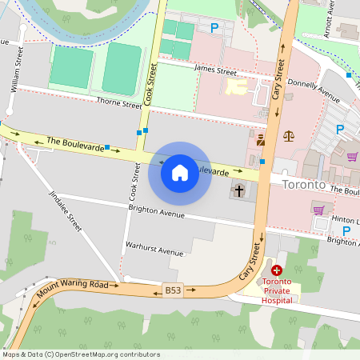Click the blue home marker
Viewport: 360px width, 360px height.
tap(180, 172)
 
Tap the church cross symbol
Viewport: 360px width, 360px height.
tap(238, 191)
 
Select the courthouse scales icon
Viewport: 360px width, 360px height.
tap(289, 135)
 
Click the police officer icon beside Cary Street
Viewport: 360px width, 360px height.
tap(261, 140)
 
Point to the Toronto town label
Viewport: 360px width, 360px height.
tap(304, 185)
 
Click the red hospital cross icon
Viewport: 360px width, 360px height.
tap(277, 272)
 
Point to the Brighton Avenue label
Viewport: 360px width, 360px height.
tap(157, 212)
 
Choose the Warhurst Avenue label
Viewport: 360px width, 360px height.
tap(154, 250)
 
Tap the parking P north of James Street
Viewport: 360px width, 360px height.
tap(214, 28)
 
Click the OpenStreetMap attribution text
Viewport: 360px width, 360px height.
tap(80, 354)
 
